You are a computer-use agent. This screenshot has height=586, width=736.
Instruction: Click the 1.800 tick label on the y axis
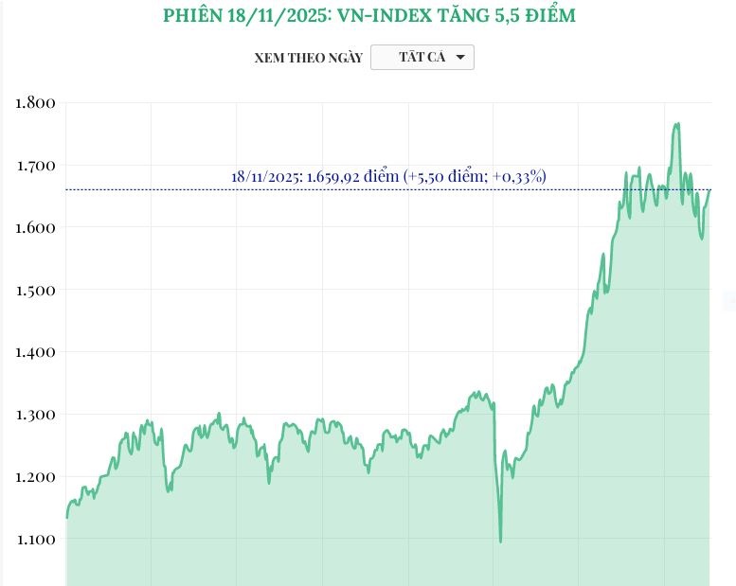coord(36,102)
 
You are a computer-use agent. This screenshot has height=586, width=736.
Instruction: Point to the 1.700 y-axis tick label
coord(36,165)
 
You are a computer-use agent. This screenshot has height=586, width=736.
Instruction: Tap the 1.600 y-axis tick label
coord(36,227)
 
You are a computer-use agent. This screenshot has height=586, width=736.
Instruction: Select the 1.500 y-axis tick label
coord(36,290)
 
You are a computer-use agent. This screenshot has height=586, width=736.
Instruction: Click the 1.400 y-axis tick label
coord(36,352)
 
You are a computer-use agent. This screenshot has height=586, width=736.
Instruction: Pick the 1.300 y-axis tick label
coord(36,415)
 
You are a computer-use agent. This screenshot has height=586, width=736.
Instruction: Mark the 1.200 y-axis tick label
coord(36,477)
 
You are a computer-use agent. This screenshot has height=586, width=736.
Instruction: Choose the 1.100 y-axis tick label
coord(36,540)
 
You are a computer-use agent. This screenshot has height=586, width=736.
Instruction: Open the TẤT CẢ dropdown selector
coord(422,58)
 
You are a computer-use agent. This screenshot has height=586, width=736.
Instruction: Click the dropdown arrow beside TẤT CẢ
coord(460,58)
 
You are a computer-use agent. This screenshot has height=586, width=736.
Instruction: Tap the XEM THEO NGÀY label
coord(308,58)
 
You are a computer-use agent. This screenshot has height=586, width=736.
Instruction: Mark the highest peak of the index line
coord(677,123)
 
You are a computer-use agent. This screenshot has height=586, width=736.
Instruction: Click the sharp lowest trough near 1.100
coord(500,542)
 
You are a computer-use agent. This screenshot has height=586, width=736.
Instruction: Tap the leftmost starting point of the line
coord(66,517)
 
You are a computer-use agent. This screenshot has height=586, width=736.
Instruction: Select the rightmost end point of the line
coord(709,190)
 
